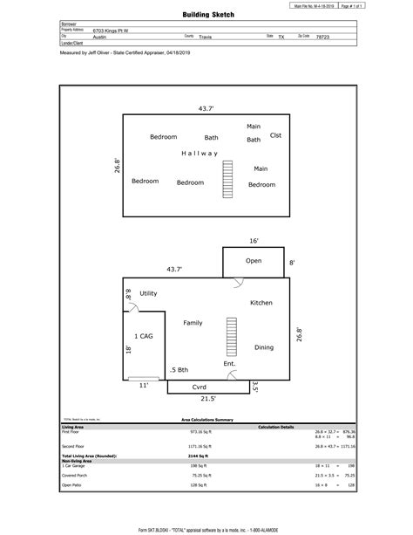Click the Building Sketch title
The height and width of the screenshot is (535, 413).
click(x=209, y=15)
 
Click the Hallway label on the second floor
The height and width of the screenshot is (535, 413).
click(x=200, y=154)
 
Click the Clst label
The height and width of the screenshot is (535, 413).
click(x=275, y=135)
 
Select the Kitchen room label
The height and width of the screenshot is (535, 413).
click(x=261, y=303)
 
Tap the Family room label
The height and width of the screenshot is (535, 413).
click(x=193, y=323)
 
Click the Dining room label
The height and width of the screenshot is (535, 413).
click(x=264, y=347)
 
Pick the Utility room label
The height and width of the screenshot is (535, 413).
click(x=148, y=293)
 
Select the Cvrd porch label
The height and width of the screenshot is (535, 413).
click(x=200, y=386)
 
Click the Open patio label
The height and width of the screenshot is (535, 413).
click(x=254, y=261)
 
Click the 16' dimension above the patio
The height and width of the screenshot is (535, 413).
click(x=254, y=240)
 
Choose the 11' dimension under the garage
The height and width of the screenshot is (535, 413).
click(x=143, y=385)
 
